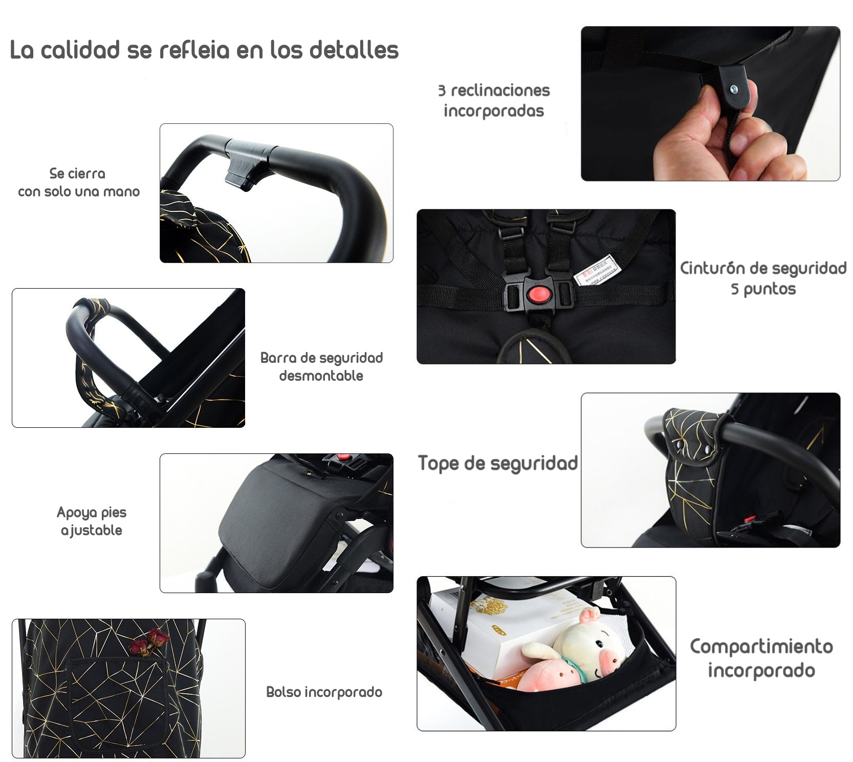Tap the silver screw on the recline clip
click(x=735, y=89)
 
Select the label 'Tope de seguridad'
click(x=497, y=463)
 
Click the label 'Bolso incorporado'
click(x=324, y=692)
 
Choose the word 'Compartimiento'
click(x=761, y=647)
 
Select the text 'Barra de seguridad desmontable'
click(x=321, y=366)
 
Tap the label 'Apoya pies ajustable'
click(x=92, y=521)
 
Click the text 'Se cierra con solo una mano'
click(x=78, y=182)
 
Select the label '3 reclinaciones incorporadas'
click(x=494, y=100)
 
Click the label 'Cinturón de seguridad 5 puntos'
click(x=763, y=278)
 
